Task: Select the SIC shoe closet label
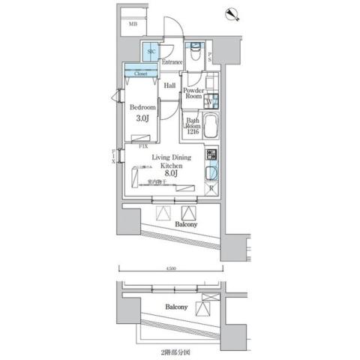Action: click(x=152, y=52)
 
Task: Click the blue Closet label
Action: click(x=140, y=74)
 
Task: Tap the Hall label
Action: click(x=170, y=86)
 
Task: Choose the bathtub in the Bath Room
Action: click(x=209, y=127)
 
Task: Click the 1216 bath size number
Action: click(x=193, y=133)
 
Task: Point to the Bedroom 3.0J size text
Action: click(x=142, y=118)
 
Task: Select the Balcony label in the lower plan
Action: click(x=176, y=307)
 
